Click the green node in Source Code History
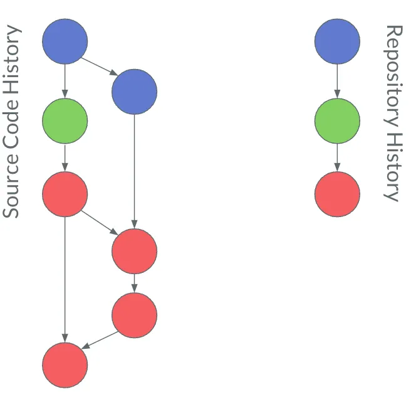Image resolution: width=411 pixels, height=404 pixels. (65, 120)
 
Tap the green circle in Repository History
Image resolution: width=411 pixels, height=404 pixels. (337, 120)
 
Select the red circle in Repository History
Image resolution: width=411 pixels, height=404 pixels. (337, 194)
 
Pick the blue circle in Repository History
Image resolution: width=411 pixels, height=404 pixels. (337, 41)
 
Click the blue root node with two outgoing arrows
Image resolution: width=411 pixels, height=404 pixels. (65, 41)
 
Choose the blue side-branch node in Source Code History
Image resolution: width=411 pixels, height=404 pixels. (134, 92)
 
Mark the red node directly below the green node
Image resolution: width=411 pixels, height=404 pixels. (65, 193)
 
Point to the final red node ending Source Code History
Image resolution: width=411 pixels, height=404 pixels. (65, 365)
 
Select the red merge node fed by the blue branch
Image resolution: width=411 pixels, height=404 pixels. (134, 251)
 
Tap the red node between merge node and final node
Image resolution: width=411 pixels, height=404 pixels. (134, 315)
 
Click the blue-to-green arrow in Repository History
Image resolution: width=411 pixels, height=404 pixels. (337, 81)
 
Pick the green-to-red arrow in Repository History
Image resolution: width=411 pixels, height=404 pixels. (337, 157)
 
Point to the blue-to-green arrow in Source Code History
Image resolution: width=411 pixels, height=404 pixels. (65, 81)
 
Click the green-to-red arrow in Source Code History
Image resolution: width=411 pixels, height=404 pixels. (65, 157)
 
